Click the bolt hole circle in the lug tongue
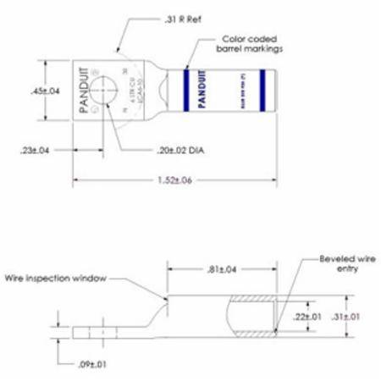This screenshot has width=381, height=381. tap(103, 91)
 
